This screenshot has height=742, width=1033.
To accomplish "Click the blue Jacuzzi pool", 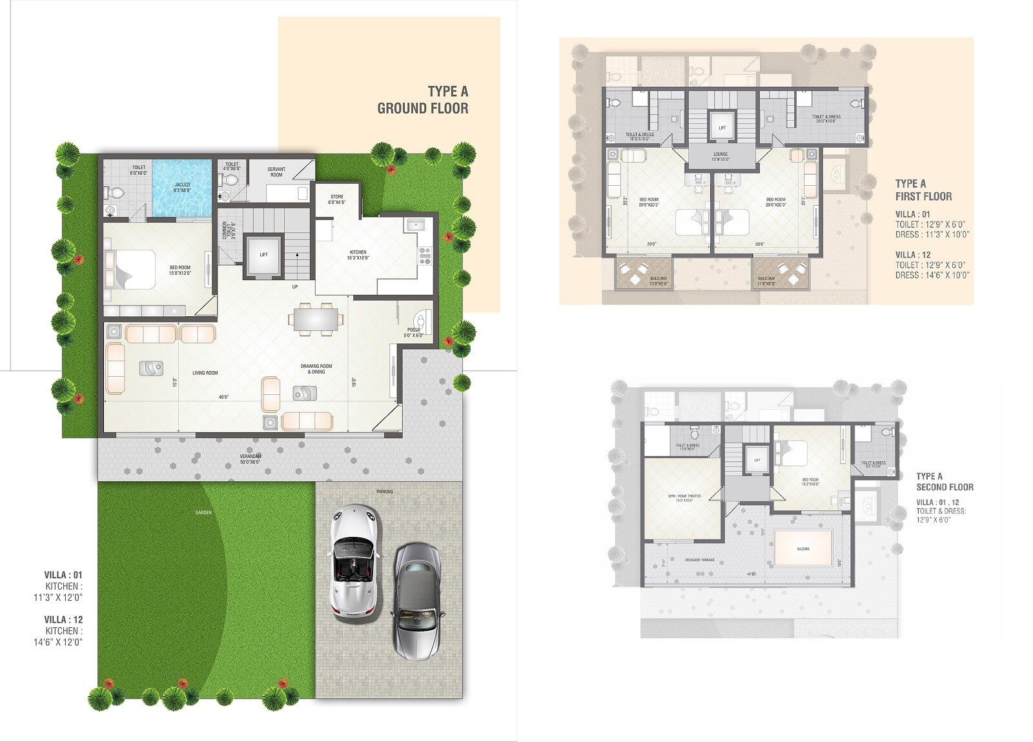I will point(182,188).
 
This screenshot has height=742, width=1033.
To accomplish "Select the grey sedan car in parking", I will point(417,600).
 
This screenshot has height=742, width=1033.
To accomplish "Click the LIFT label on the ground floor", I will point(263,255).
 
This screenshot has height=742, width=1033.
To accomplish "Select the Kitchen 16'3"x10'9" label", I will point(358,255).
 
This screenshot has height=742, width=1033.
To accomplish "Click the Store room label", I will point(336,199).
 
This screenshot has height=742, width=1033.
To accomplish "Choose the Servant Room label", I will point(276,172).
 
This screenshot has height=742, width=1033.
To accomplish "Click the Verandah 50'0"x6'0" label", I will point(251,459).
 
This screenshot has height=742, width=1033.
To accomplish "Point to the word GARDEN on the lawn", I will point(203,512).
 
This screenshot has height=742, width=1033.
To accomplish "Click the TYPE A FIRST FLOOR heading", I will point(923,190).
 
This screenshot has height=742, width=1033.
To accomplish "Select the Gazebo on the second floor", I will point(803,548).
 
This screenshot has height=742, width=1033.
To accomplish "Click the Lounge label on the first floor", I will point(721,156).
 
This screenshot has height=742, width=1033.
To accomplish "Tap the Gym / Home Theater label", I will point(684,498).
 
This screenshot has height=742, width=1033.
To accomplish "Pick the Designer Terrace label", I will point(700,560).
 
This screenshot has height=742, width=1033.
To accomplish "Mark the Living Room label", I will point(205,373).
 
